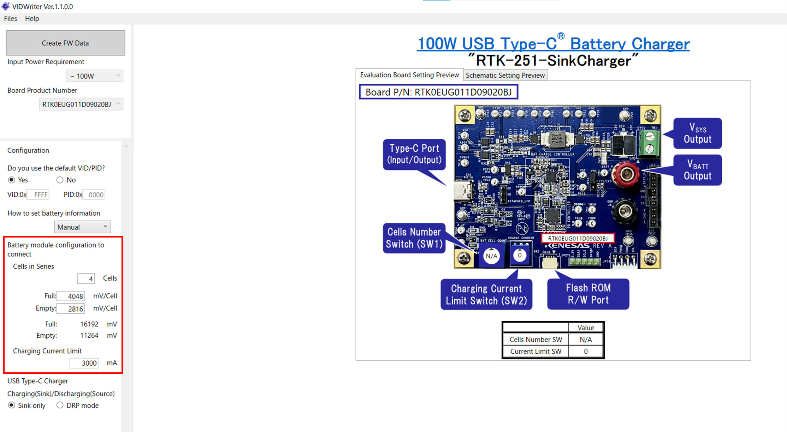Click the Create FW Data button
point(65,43)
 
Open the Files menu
point(11,19)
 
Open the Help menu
point(32,19)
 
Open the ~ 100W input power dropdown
point(95,76)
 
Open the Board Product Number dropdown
point(81,104)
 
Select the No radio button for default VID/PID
point(60,180)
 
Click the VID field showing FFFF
point(38,195)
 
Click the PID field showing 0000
point(94,195)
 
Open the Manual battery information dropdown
point(82,227)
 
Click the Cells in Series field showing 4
point(86,279)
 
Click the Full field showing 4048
point(71,296)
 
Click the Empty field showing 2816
point(71,309)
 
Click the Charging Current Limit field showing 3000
point(84,363)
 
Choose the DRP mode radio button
point(60,405)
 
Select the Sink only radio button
point(12,405)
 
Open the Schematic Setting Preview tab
point(505,75)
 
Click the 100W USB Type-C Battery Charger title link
point(553,44)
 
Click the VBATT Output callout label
point(698,170)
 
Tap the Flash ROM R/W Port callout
point(588,294)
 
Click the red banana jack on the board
point(626,174)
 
